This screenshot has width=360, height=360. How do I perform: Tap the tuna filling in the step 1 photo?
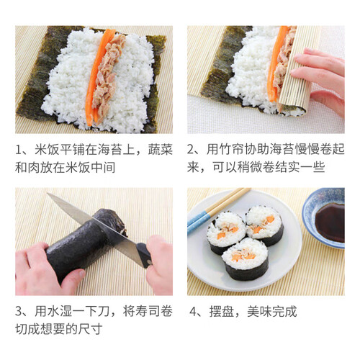[108, 77]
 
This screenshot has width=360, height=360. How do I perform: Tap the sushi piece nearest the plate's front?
[245, 259]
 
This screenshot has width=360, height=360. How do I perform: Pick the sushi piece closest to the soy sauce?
[265, 225]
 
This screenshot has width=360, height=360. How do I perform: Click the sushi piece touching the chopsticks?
[225, 233]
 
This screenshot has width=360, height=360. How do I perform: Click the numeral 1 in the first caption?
[18, 150]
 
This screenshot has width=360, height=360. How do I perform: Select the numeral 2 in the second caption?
[191, 150]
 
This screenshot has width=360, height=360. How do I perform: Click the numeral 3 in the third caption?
[19, 311]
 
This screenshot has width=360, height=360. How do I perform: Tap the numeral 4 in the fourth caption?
[193, 312]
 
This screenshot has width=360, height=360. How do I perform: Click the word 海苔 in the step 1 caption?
[109, 149]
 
